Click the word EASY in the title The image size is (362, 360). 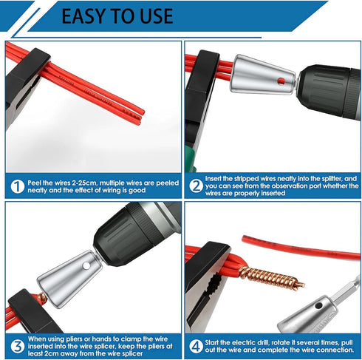pos(87,16)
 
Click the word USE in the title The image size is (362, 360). pos(152,16)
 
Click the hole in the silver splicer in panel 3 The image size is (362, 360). pos(87,263)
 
